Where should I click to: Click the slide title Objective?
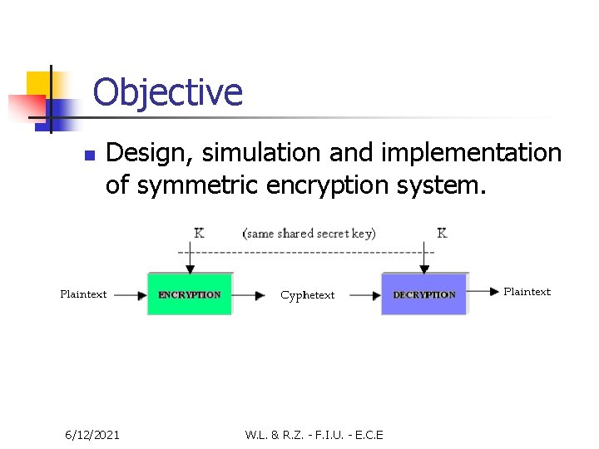point(167,92)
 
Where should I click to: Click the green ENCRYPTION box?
point(190,294)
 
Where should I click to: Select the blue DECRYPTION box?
point(423,294)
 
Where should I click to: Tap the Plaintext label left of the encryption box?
point(83,294)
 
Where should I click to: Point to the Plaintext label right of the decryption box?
point(527,291)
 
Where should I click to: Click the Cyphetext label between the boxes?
point(307,295)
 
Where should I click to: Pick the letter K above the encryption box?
point(199,233)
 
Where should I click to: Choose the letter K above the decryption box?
point(442,233)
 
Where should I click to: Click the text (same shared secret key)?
point(309,233)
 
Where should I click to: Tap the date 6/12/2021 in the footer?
point(92,434)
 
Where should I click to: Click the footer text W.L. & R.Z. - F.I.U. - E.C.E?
point(314,434)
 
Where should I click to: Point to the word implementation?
point(471,153)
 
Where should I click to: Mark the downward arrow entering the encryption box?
point(191,259)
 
